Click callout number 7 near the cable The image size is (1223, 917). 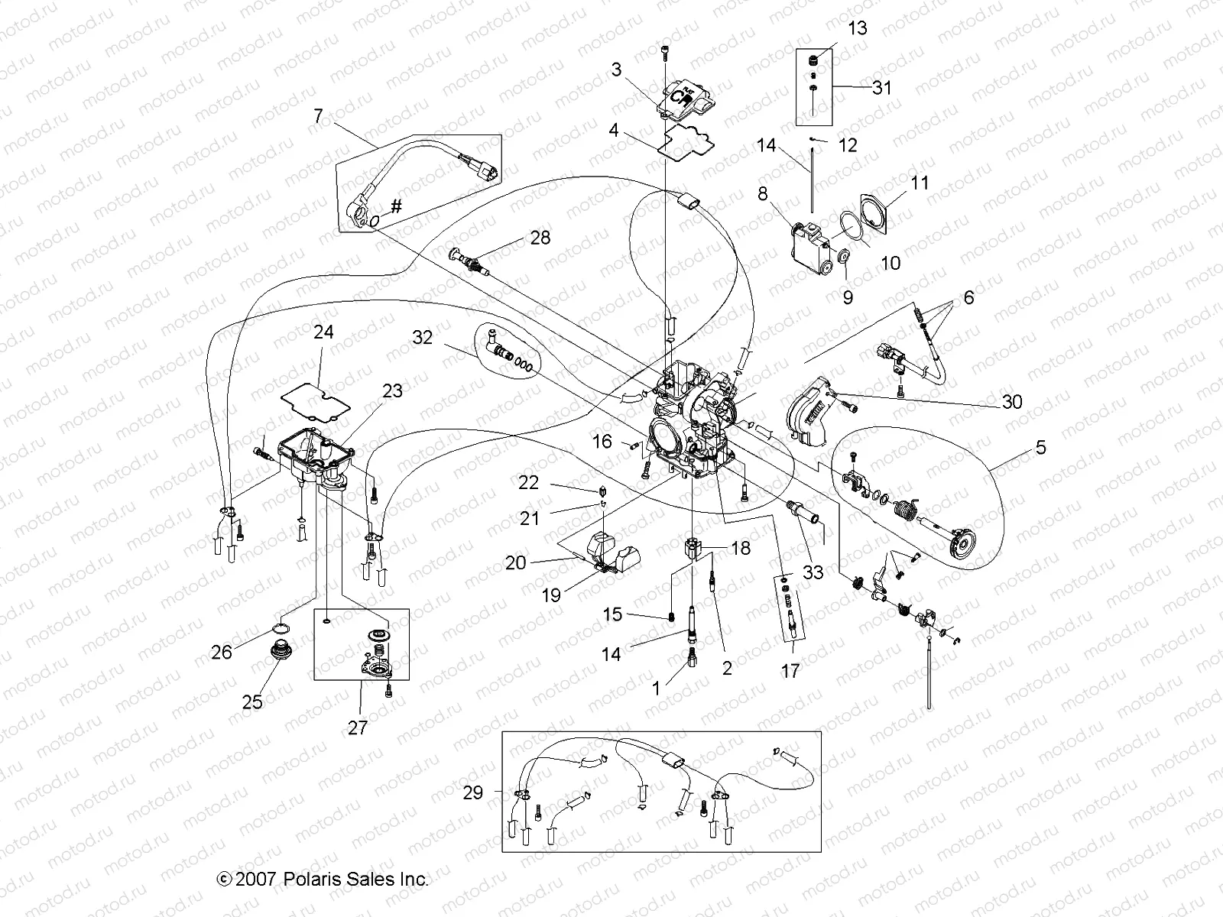pos(318,116)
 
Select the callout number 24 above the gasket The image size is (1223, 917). pos(323,333)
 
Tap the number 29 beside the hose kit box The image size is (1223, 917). pos(473,792)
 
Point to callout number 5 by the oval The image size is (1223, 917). pos(1041,448)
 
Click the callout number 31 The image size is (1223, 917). pos(882,88)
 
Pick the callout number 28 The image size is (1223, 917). pos(540,238)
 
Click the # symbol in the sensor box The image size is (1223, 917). pos(396,206)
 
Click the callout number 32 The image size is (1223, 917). pos(422,337)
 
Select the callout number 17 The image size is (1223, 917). pos(790,671)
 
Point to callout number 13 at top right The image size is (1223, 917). pos(858,28)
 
